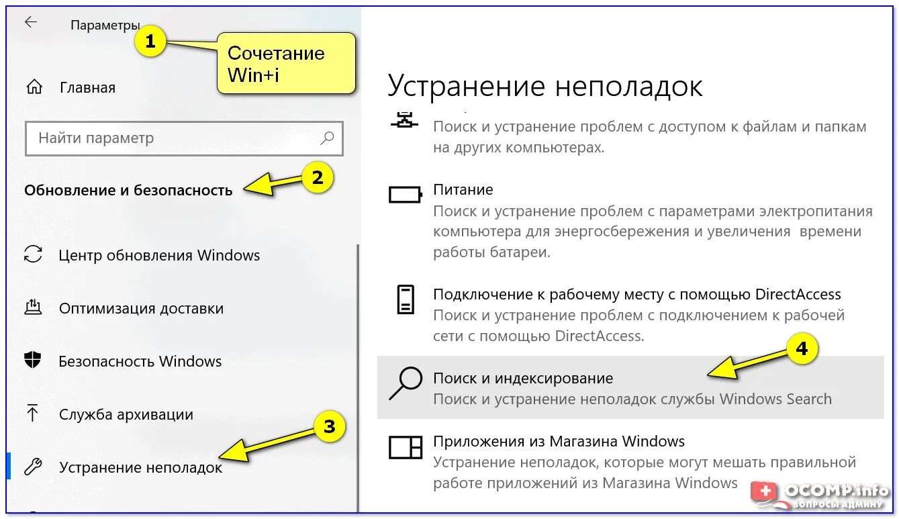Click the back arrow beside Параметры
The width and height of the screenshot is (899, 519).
[31, 22]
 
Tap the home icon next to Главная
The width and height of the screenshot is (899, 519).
[34, 87]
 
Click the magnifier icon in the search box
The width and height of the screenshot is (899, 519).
[327, 138]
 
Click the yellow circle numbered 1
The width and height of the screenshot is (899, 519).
[150, 42]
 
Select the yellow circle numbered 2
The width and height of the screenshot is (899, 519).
[316, 178]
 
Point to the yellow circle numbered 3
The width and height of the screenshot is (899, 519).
[329, 426]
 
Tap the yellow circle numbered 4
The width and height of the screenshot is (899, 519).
[802, 350]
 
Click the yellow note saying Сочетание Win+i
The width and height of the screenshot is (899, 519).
[285, 63]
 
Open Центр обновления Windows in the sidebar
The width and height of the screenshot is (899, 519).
[159, 255]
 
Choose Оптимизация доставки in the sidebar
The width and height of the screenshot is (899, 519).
[141, 308]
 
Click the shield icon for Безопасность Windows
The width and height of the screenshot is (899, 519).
[33, 361]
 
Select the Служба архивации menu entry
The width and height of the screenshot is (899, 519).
[126, 414]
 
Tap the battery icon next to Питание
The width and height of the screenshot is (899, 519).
[406, 195]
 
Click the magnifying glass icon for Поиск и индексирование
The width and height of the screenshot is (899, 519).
[406, 383]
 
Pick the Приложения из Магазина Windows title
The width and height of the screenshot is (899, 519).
[559, 441]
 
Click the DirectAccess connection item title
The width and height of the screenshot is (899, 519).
[636, 294]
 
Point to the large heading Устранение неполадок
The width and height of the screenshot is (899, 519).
[545, 86]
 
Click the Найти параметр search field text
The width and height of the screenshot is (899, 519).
[96, 138]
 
